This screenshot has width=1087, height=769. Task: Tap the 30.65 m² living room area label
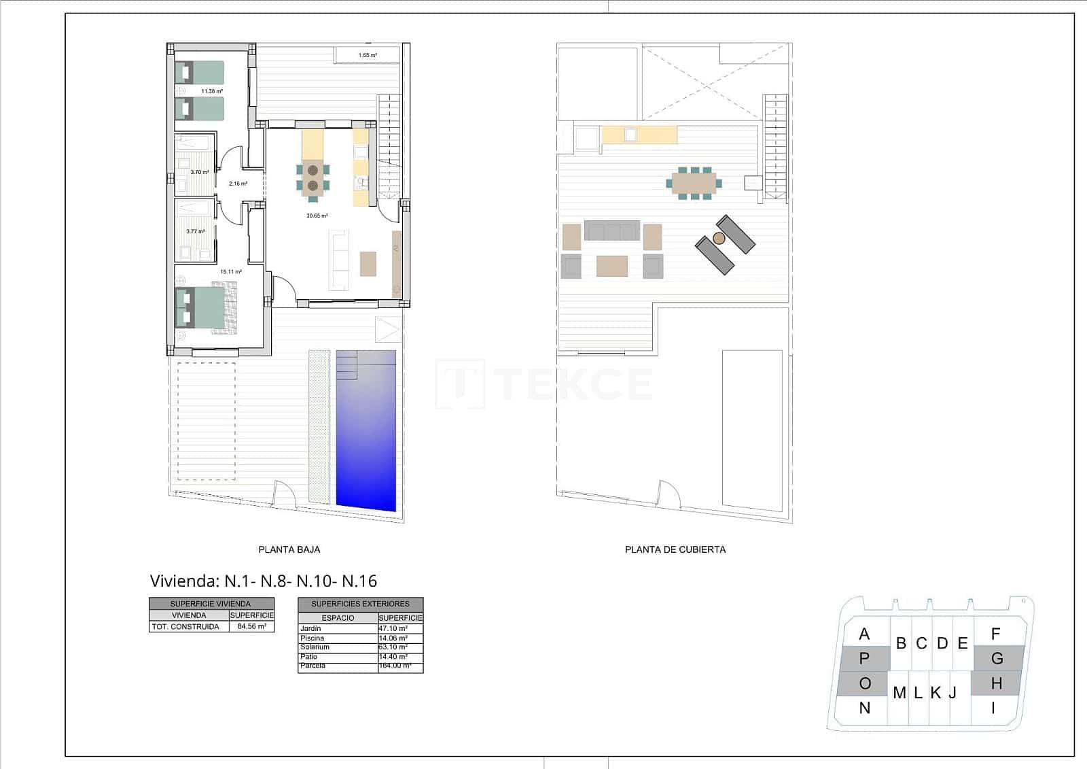317,216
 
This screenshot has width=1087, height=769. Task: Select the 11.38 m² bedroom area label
212,90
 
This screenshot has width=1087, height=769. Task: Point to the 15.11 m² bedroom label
230,271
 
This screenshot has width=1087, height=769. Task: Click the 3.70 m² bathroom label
200,172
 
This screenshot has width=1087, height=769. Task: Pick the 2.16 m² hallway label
238,184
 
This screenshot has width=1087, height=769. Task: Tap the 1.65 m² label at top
368,55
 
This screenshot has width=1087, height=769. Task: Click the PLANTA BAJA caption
289,549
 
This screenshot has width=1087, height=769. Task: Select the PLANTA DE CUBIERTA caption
675,549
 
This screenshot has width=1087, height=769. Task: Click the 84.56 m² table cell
252,627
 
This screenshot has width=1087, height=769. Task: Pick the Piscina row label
313,638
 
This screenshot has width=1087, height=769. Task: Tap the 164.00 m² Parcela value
395,666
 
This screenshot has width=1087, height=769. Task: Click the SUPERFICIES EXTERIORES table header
360,604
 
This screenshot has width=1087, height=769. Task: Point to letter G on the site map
997,659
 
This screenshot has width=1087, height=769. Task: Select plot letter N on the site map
864,708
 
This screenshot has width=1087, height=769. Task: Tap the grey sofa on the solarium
612,230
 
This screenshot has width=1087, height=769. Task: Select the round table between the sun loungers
719,238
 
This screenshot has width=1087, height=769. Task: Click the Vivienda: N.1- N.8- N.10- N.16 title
263,581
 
